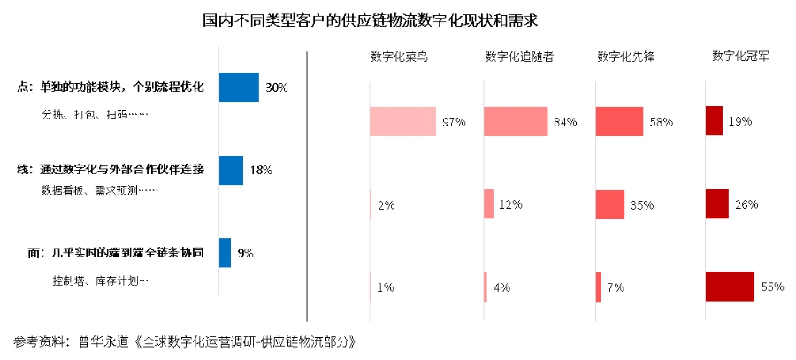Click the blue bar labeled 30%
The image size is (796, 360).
239,88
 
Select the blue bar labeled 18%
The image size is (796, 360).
231,170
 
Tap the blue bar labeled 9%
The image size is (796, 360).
225,253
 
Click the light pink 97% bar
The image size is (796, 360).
403,121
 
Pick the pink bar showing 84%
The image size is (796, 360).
516,121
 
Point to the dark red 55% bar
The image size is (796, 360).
730,287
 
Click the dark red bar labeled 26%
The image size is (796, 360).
716,204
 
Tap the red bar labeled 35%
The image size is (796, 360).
610,204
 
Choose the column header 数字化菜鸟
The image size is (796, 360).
399,57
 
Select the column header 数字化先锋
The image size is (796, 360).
626,57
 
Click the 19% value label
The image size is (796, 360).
740,121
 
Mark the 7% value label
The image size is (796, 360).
616,287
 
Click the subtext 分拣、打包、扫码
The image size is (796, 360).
96,115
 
